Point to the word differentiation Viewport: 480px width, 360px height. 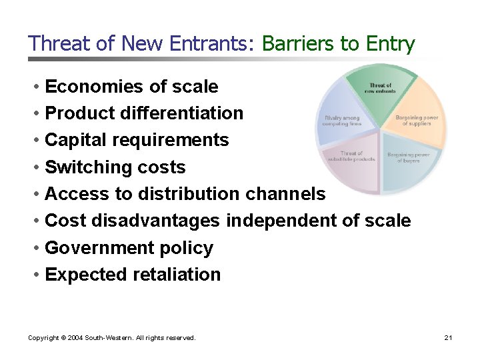point(182,113)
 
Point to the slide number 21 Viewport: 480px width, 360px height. point(448,338)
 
